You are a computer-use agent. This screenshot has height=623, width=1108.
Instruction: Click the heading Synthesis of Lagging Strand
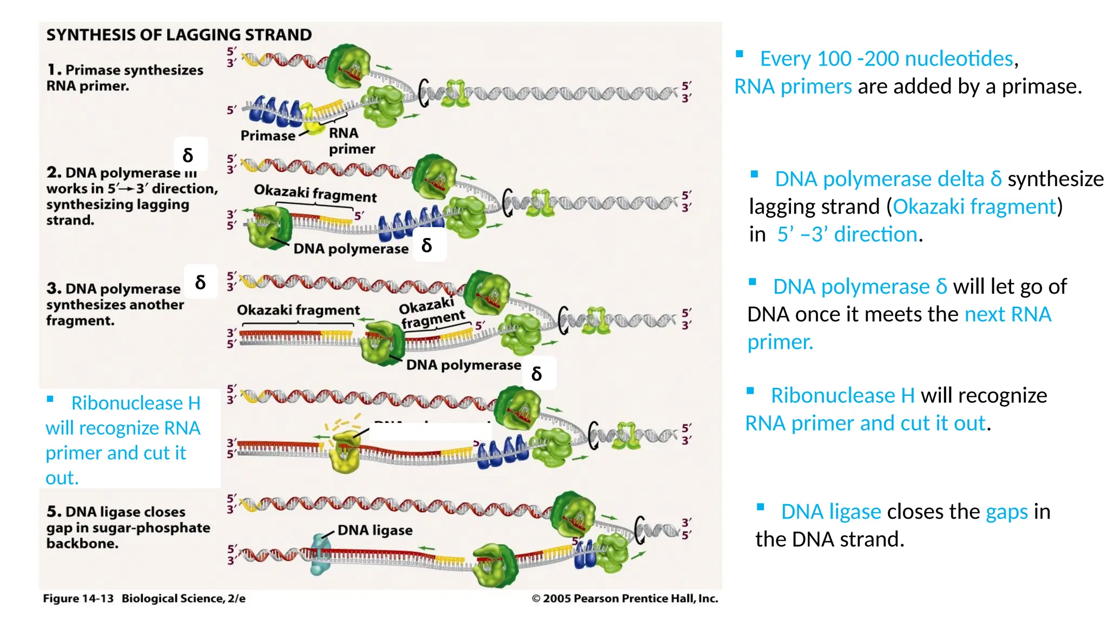(179, 35)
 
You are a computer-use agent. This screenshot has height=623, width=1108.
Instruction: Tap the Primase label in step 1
(268, 135)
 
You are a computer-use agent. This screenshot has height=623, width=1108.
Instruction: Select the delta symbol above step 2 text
(188, 155)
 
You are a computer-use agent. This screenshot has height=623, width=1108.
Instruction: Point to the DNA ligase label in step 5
(374, 530)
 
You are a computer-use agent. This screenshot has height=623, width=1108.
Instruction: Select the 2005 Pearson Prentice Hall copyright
(625, 598)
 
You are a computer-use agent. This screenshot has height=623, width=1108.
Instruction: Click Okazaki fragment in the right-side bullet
(974, 207)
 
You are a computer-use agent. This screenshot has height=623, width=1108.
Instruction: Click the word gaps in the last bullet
(1006, 512)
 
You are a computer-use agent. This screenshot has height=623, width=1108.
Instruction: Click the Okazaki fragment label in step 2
(315, 193)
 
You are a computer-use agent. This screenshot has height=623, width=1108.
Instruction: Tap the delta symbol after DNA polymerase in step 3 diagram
(537, 374)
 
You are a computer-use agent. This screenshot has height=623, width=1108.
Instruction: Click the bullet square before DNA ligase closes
(760, 507)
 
